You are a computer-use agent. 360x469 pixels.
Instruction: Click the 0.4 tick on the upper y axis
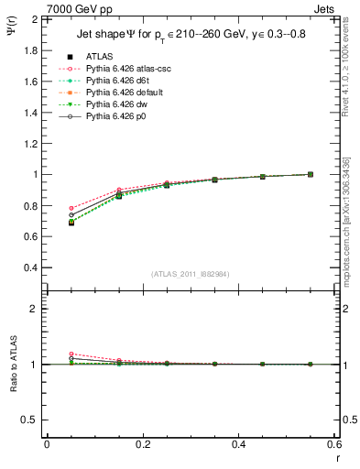[30, 267]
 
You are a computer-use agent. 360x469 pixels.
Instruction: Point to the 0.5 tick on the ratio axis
[30, 420]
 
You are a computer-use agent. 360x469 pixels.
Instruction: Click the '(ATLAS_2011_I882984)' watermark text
[191, 274]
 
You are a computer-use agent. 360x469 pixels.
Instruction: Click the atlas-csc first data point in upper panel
[71, 209]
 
